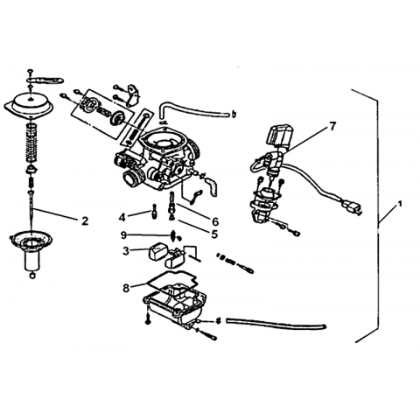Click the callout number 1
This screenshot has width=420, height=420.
400,204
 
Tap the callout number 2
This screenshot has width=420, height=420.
85,221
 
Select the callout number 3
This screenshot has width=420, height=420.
126,251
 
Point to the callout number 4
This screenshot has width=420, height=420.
122,217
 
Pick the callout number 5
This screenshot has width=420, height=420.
214,234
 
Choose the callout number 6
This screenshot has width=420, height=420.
215,221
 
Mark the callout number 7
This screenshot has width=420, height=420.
332,126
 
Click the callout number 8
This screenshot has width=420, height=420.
126,288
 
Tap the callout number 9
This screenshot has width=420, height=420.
124,235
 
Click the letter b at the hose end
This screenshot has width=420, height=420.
234,115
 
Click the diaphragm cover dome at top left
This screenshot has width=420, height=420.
29,104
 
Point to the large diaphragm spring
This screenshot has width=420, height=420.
31,143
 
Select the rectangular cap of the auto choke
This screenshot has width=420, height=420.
281,135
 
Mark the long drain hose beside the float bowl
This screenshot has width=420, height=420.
276,324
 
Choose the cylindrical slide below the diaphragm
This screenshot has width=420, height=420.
31,261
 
